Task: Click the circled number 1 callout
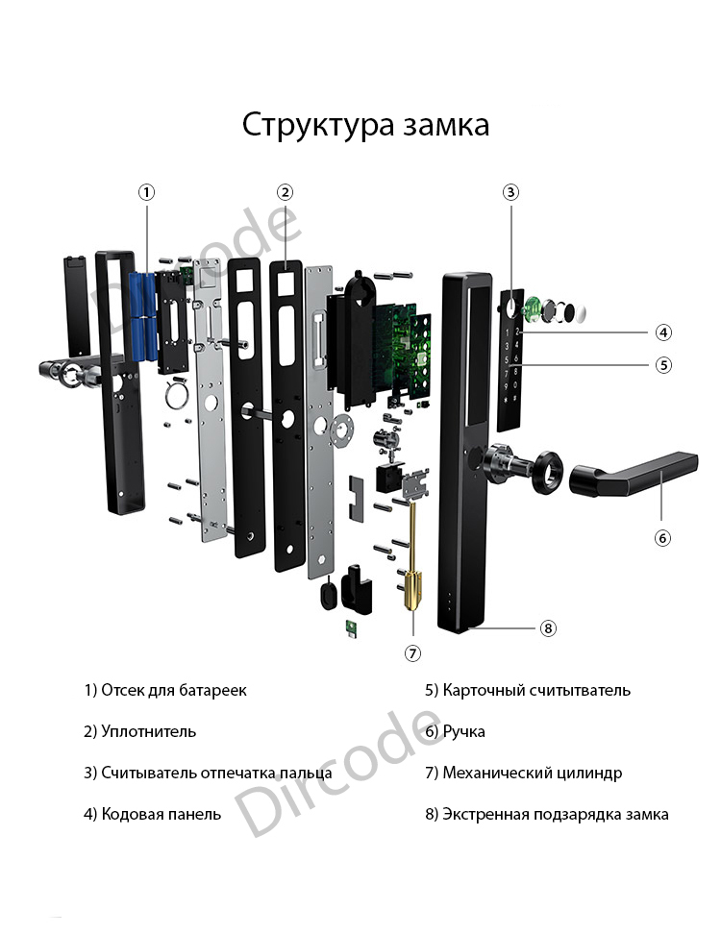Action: tap(146, 192)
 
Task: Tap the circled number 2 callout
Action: tap(285, 192)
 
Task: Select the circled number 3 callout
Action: tap(510, 192)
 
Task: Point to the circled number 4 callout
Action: tap(663, 332)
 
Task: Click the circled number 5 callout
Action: tap(663, 364)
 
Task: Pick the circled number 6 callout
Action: tap(662, 538)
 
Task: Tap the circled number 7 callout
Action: tap(412, 653)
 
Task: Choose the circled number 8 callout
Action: tap(548, 627)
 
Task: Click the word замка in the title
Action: tap(446, 126)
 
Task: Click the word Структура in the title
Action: tap(318, 126)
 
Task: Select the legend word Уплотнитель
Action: tap(148, 731)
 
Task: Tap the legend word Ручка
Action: tap(463, 731)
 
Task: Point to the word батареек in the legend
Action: tap(212, 690)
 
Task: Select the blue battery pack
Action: tap(143, 316)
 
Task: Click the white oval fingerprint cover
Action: tap(578, 312)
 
